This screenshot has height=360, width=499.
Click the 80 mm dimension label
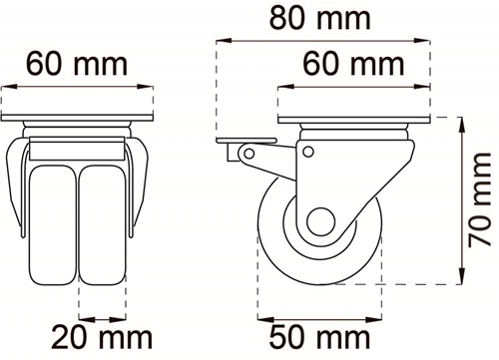click(319, 18)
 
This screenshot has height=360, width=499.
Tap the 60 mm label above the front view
click(77, 64)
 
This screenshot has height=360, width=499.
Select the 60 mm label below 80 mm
click(353, 64)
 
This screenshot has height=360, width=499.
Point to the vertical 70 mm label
click(480, 199)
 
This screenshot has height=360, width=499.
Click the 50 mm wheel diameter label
click(319, 337)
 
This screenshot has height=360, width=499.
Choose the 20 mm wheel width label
click(102, 337)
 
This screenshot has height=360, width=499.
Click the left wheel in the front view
click(53, 225)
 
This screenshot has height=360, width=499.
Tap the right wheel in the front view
click(103, 225)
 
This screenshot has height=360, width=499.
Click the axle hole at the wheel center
click(320, 221)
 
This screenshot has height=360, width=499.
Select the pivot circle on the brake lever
click(249, 154)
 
